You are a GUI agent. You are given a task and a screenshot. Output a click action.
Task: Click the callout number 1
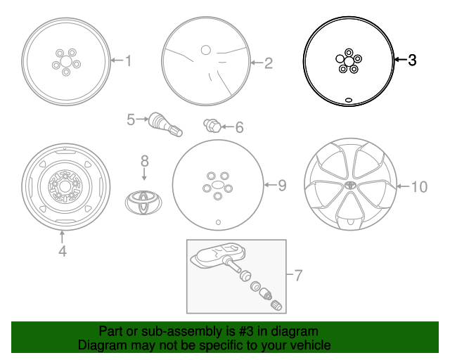(x=127, y=61)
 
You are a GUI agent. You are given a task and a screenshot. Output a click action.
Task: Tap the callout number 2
(x=268, y=64)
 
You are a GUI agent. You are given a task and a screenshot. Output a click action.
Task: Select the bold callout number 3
(x=412, y=60)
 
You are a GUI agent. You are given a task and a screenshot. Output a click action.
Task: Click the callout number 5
(x=131, y=120)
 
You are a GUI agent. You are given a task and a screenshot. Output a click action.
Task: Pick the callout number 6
(x=239, y=127)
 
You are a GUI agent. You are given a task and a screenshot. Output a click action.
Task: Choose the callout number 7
(x=297, y=276)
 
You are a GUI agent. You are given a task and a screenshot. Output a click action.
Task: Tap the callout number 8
(x=144, y=160)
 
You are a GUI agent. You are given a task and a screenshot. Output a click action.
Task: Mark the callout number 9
(x=281, y=186)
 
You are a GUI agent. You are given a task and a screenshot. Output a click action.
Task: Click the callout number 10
(x=418, y=186)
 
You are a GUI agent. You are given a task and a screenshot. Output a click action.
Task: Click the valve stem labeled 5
(x=164, y=124)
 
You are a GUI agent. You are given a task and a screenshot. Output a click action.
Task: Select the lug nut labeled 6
(x=212, y=126)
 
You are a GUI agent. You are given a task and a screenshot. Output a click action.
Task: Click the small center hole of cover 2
(x=205, y=50)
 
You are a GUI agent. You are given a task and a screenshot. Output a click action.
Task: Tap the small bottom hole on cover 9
(x=217, y=223)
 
